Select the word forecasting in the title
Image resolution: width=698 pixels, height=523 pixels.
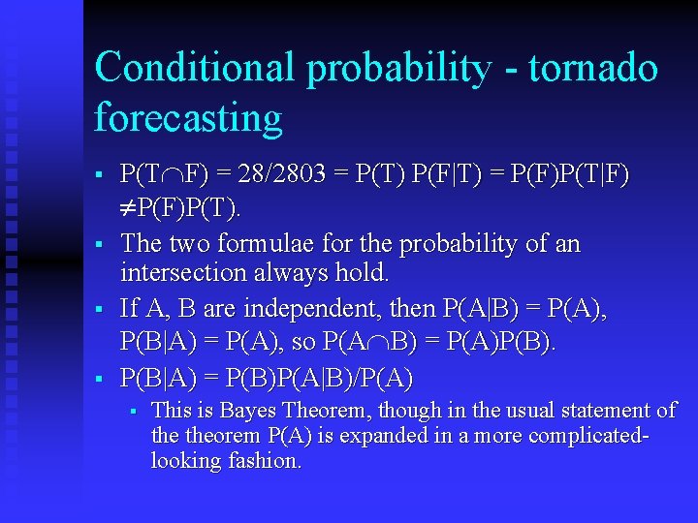(188, 118)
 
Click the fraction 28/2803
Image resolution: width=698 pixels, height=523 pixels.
(281, 175)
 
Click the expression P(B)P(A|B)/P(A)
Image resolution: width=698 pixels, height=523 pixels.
(320, 378)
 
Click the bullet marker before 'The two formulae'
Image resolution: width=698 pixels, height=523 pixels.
(100, 243)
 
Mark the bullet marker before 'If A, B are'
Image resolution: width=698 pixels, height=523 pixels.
(100, 311)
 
